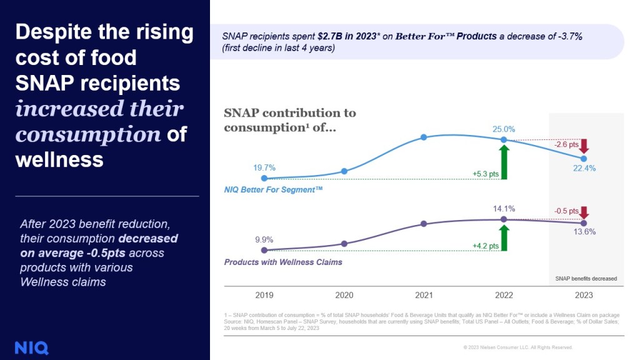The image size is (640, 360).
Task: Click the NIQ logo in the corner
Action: coord(31,347)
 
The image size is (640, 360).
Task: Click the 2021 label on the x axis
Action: coord(424,295)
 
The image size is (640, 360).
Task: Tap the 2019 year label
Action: coord(264,295)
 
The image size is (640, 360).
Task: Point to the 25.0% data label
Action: coord(504,129)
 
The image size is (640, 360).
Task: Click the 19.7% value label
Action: coord(264,167)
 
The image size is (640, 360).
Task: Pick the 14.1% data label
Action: coord(504,209)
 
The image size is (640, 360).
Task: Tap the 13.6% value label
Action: coord(584,231)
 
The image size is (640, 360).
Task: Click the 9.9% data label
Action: coord(264,239)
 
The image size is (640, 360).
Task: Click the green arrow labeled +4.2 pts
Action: coord(504,239)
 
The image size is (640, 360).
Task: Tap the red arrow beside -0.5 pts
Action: coord(584,212)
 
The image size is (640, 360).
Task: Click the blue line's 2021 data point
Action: coord(424,137)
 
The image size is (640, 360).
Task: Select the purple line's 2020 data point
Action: coord(344,244)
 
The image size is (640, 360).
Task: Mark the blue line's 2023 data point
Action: coord(584,159)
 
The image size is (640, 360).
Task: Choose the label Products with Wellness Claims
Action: coord(283,262)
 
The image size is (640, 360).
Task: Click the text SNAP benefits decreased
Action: coord(586,278)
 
